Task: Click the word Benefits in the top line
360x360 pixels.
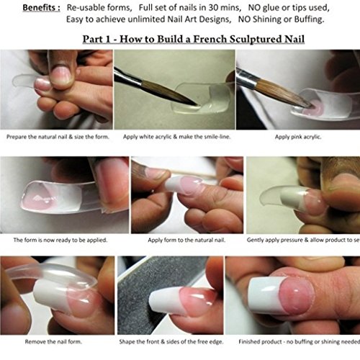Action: pyautogui.click(x=40, y=7)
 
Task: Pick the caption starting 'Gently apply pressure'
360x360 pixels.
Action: pyautogui.click(x=302, y=240)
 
